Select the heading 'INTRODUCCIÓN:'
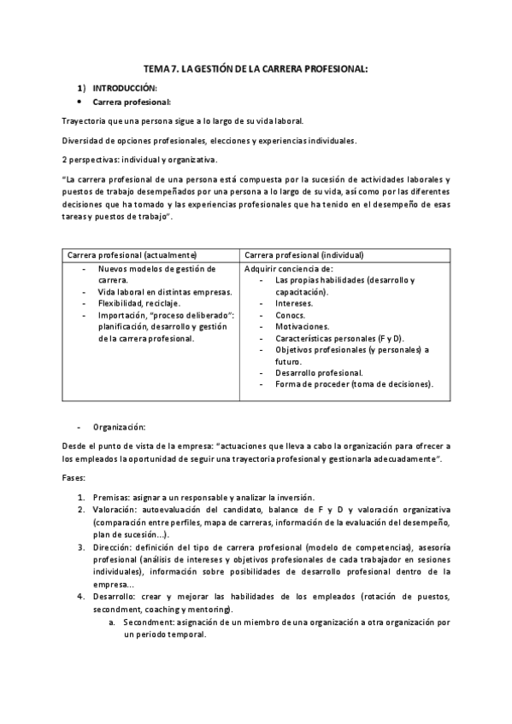coord(125,88)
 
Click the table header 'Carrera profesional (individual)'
coord(303,254)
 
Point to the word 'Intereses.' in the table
coord(293,303)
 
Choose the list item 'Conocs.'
coord(290,315)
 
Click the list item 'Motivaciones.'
coord(302,326)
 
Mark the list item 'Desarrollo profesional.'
coord(318,372)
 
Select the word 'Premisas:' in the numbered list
coord(115,497)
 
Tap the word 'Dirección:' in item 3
coord(116,546)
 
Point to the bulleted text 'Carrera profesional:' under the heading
coord(132,102)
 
